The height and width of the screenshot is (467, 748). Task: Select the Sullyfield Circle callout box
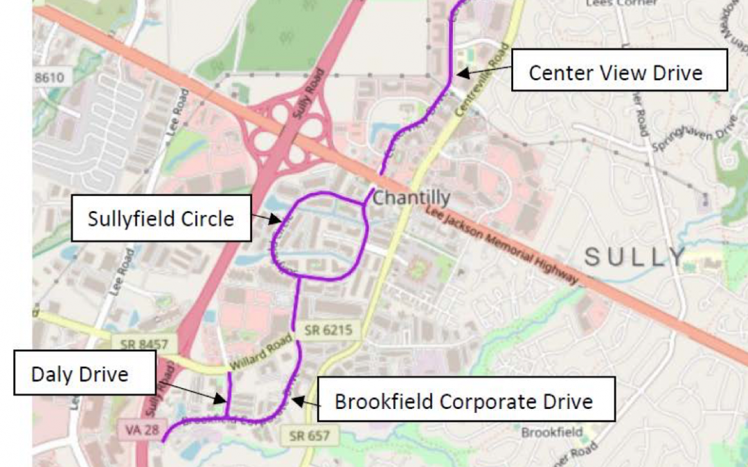point(161,218)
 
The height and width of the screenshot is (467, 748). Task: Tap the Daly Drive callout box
point(80,375)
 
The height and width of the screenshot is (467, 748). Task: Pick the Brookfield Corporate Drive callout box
point(465,401)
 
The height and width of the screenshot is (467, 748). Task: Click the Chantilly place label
point(411,199)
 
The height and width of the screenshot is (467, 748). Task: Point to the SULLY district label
point(634,257)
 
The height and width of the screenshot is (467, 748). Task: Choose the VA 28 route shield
point(134,430)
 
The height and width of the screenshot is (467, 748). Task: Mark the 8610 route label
point(51,77)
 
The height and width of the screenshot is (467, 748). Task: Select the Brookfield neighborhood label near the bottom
point(551,432)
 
